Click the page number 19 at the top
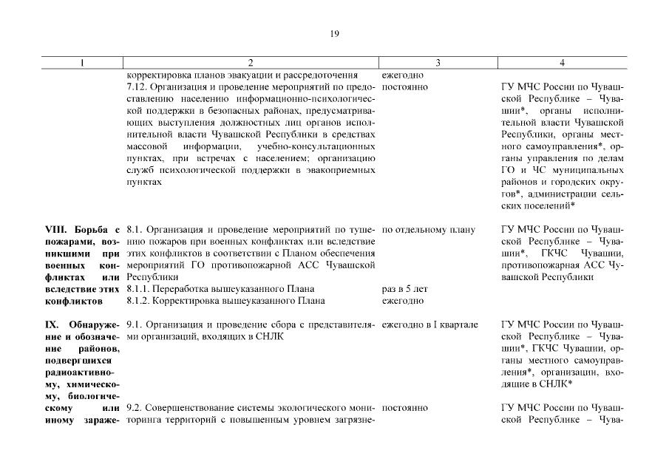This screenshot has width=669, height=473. pyautogui.click(x=334, y=34)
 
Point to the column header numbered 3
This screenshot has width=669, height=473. pyautogui.click(x=438, y=63)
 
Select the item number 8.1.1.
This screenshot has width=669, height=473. pyautogui.click(x=141, y=289)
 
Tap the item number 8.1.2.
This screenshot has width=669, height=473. pyautogui.click(x=141, y=301)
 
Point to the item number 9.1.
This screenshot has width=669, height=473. pyautogui.click(x=135, y=324)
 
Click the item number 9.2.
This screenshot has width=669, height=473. pyautogui.click(x=135, y=407)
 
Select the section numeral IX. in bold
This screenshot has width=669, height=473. pyautogui.click(x=52, y=324)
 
